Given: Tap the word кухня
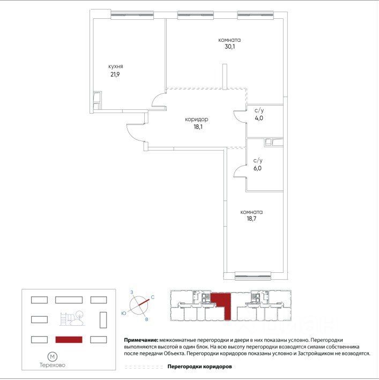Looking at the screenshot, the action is point(113,66).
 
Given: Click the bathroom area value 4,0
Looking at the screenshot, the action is point(258,118).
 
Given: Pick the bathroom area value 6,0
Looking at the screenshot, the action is point(258,168).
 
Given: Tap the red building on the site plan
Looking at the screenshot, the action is point(69,339).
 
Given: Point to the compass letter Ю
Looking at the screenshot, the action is point(124,312).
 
